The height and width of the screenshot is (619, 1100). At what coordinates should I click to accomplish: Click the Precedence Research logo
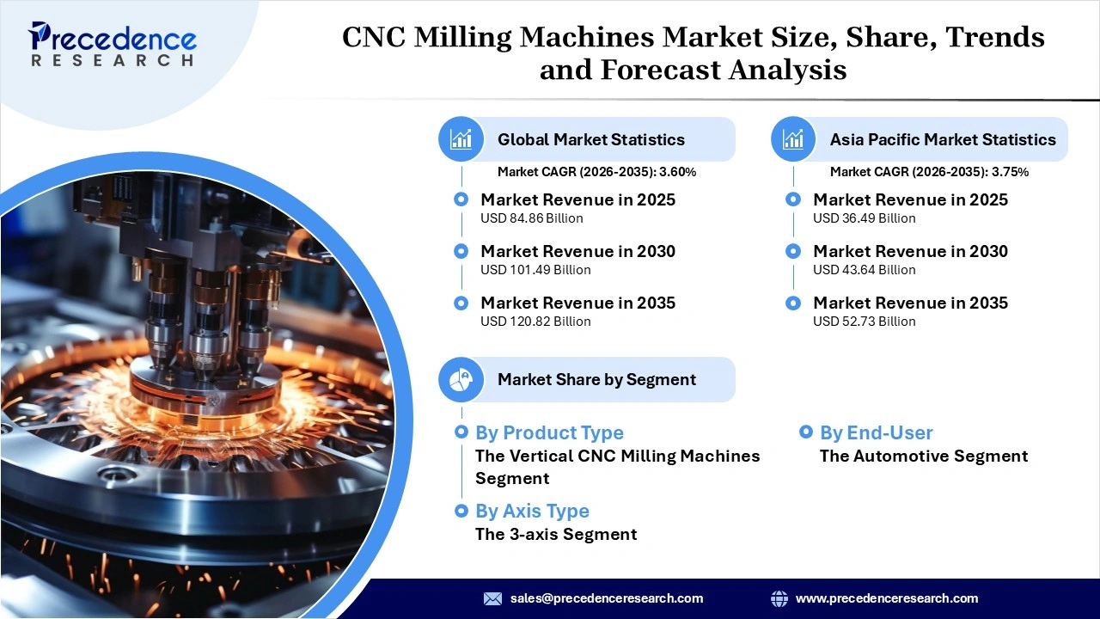113,44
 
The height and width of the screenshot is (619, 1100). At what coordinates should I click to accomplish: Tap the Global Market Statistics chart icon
461,139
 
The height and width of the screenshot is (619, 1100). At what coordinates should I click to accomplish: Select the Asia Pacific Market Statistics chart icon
793,139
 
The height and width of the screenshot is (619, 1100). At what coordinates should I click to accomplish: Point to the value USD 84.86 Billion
532,218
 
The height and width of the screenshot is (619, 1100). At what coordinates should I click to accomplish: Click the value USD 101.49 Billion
535,270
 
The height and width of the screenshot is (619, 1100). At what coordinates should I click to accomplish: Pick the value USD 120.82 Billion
535,322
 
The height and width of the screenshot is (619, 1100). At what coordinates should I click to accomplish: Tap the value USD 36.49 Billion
865,218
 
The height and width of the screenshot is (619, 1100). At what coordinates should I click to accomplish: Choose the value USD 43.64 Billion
865,270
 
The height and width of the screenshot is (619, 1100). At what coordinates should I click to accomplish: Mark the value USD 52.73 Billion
865,322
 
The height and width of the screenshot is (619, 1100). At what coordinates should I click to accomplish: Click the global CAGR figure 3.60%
677,172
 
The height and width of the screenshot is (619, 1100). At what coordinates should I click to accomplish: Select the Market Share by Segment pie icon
461,379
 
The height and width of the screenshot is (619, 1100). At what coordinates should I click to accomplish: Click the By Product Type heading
549,432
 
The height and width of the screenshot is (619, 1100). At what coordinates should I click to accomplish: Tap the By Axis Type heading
532,511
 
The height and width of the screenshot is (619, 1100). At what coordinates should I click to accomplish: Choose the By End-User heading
876,432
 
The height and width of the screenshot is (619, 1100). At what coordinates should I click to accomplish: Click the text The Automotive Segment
924,456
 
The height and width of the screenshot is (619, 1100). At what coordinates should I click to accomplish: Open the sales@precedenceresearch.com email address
607,598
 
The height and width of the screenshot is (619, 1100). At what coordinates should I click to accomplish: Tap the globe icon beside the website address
779,598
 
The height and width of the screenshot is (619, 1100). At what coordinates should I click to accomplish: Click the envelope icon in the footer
492,598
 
